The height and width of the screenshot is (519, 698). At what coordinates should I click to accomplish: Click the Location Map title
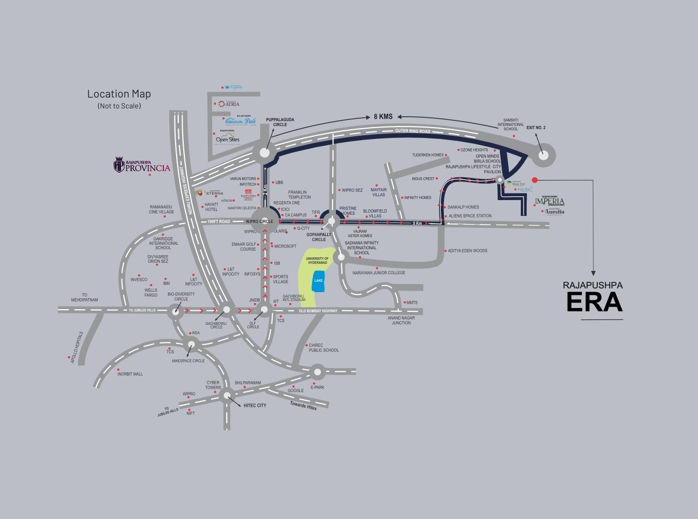coord(119,94)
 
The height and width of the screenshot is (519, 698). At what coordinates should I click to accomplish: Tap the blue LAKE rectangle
coord(318,280)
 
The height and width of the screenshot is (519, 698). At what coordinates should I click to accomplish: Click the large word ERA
coord(594,303)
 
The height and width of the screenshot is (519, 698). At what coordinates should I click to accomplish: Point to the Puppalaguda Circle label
coord(280,122)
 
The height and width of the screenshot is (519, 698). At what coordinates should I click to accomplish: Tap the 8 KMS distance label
coord(383,117)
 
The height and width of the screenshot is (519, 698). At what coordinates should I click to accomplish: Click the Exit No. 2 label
coord(536,127)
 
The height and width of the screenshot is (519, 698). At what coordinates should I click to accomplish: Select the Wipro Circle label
coord(259,221)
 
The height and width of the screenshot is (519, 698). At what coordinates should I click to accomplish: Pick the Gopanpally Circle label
coord(318,237)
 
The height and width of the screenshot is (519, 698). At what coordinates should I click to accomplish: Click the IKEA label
coord(196,333)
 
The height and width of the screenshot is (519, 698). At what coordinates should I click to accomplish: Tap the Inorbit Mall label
coord(130,374)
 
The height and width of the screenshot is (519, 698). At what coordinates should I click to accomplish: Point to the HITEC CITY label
coord(255,406)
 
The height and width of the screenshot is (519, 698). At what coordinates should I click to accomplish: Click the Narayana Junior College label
coord(378,273)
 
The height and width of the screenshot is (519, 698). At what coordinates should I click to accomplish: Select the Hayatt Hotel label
coord(211,207)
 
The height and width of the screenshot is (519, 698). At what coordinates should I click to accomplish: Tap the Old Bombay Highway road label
coord(318,311)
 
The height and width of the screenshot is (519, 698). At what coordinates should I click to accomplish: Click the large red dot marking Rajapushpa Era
coord(534,180)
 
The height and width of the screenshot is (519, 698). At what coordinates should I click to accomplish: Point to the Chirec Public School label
coord(323,348)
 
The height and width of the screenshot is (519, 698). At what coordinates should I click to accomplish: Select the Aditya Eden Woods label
coord(467,251)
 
